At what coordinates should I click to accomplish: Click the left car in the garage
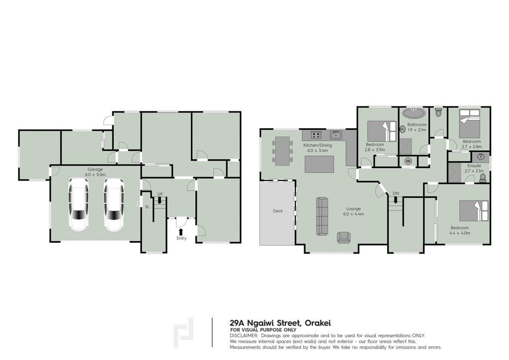coord(79,205)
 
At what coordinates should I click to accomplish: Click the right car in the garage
coord(114,205)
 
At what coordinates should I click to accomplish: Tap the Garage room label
coord(95,169)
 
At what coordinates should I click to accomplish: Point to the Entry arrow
coord(181,232)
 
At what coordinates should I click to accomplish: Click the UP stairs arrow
coord(160,200)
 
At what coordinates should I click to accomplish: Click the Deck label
coord(278,211)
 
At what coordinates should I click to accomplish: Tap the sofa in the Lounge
coord(322,216)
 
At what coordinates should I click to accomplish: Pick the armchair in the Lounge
coord(344,238)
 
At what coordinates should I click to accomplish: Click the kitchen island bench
coord(320,164)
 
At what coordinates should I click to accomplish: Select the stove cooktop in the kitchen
coord(316,135)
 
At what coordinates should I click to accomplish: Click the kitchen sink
coord(336,135)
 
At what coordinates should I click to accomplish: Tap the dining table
coord(282,151)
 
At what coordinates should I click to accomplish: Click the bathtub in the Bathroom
coord(414,113)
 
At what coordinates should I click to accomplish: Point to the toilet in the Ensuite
coord(483,178)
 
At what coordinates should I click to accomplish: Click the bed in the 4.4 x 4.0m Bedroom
coord(474,211)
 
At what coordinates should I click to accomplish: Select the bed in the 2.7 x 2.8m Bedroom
coord(470,124)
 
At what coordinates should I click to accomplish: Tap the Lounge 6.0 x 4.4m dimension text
coord(353,214)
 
